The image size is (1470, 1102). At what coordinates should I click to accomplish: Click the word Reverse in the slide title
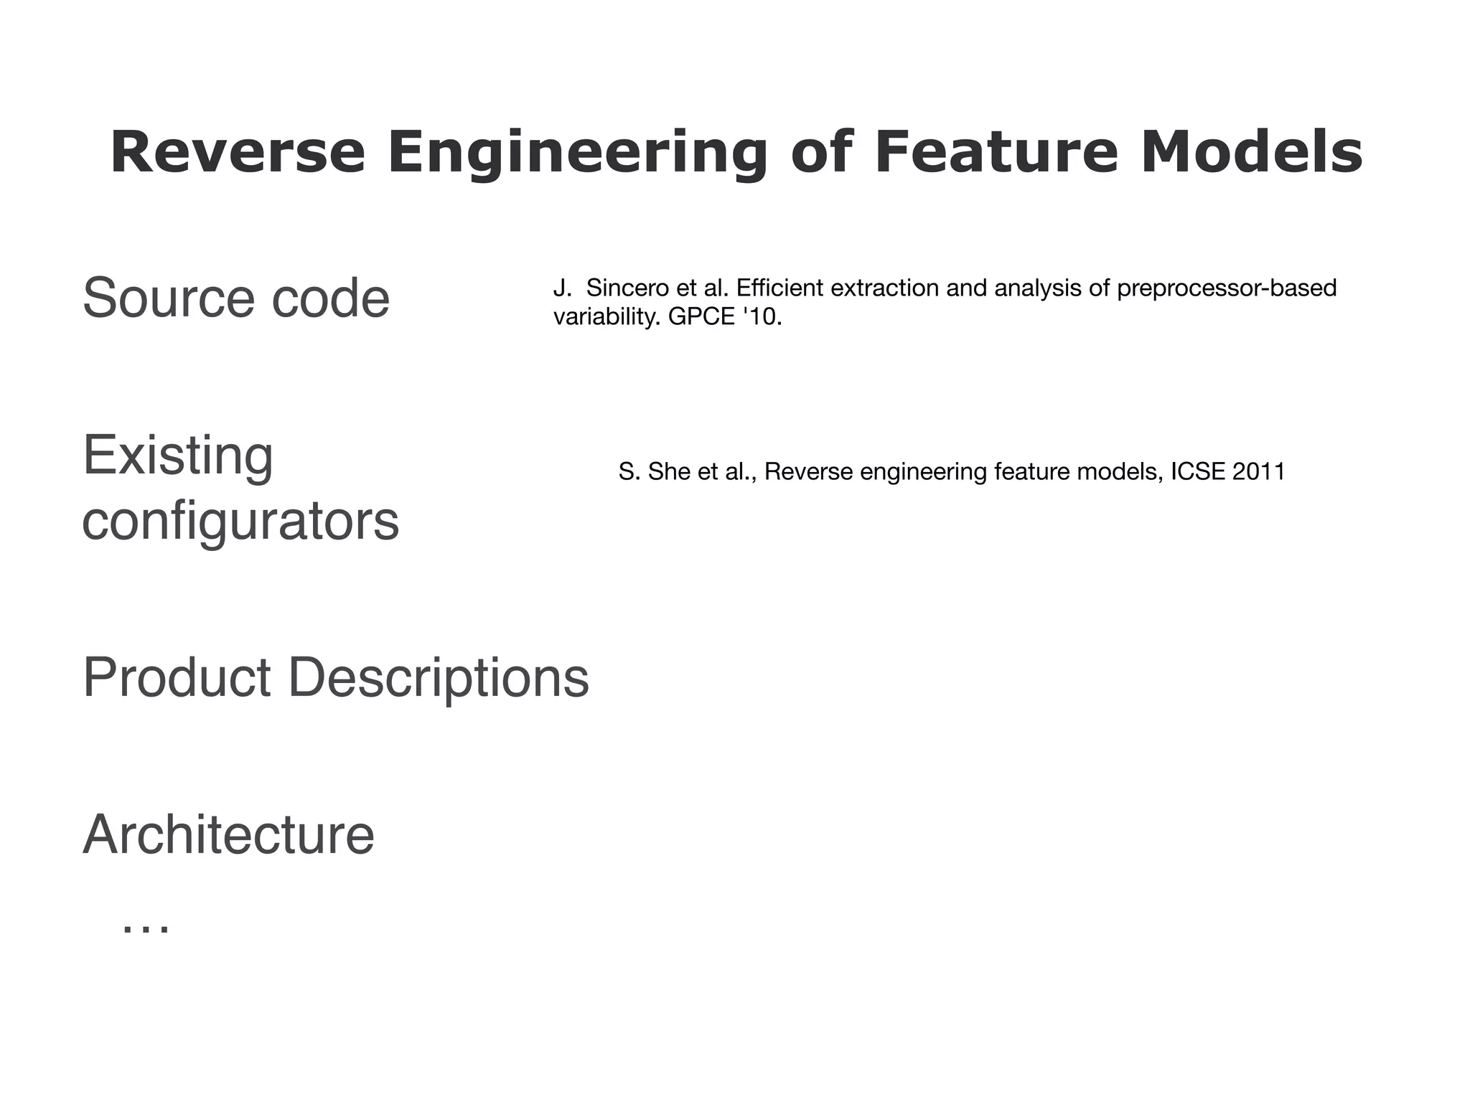pyautogui.click(x=238, y=153)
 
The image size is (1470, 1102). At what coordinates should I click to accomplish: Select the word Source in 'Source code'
pyautogui.click(x=167, y=298)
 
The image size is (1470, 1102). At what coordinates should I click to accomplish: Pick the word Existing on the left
pyautogui.click(x=178, y=455)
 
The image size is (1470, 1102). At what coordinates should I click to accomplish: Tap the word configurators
pyautogui.click(x=240, y=522)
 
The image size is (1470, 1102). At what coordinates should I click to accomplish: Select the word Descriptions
pyautogui.click(x=438, y=677)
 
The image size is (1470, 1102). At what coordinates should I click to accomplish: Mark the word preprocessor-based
pyautogui.click(x=1227, y=288)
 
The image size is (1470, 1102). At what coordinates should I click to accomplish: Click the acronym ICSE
pyautogui.click(x=1198, y=472)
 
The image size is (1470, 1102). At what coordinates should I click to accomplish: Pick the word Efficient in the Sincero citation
pyautogui.click(x=780, y=288)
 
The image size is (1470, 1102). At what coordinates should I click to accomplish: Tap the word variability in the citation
pyautogui.click(x=607, y=316)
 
